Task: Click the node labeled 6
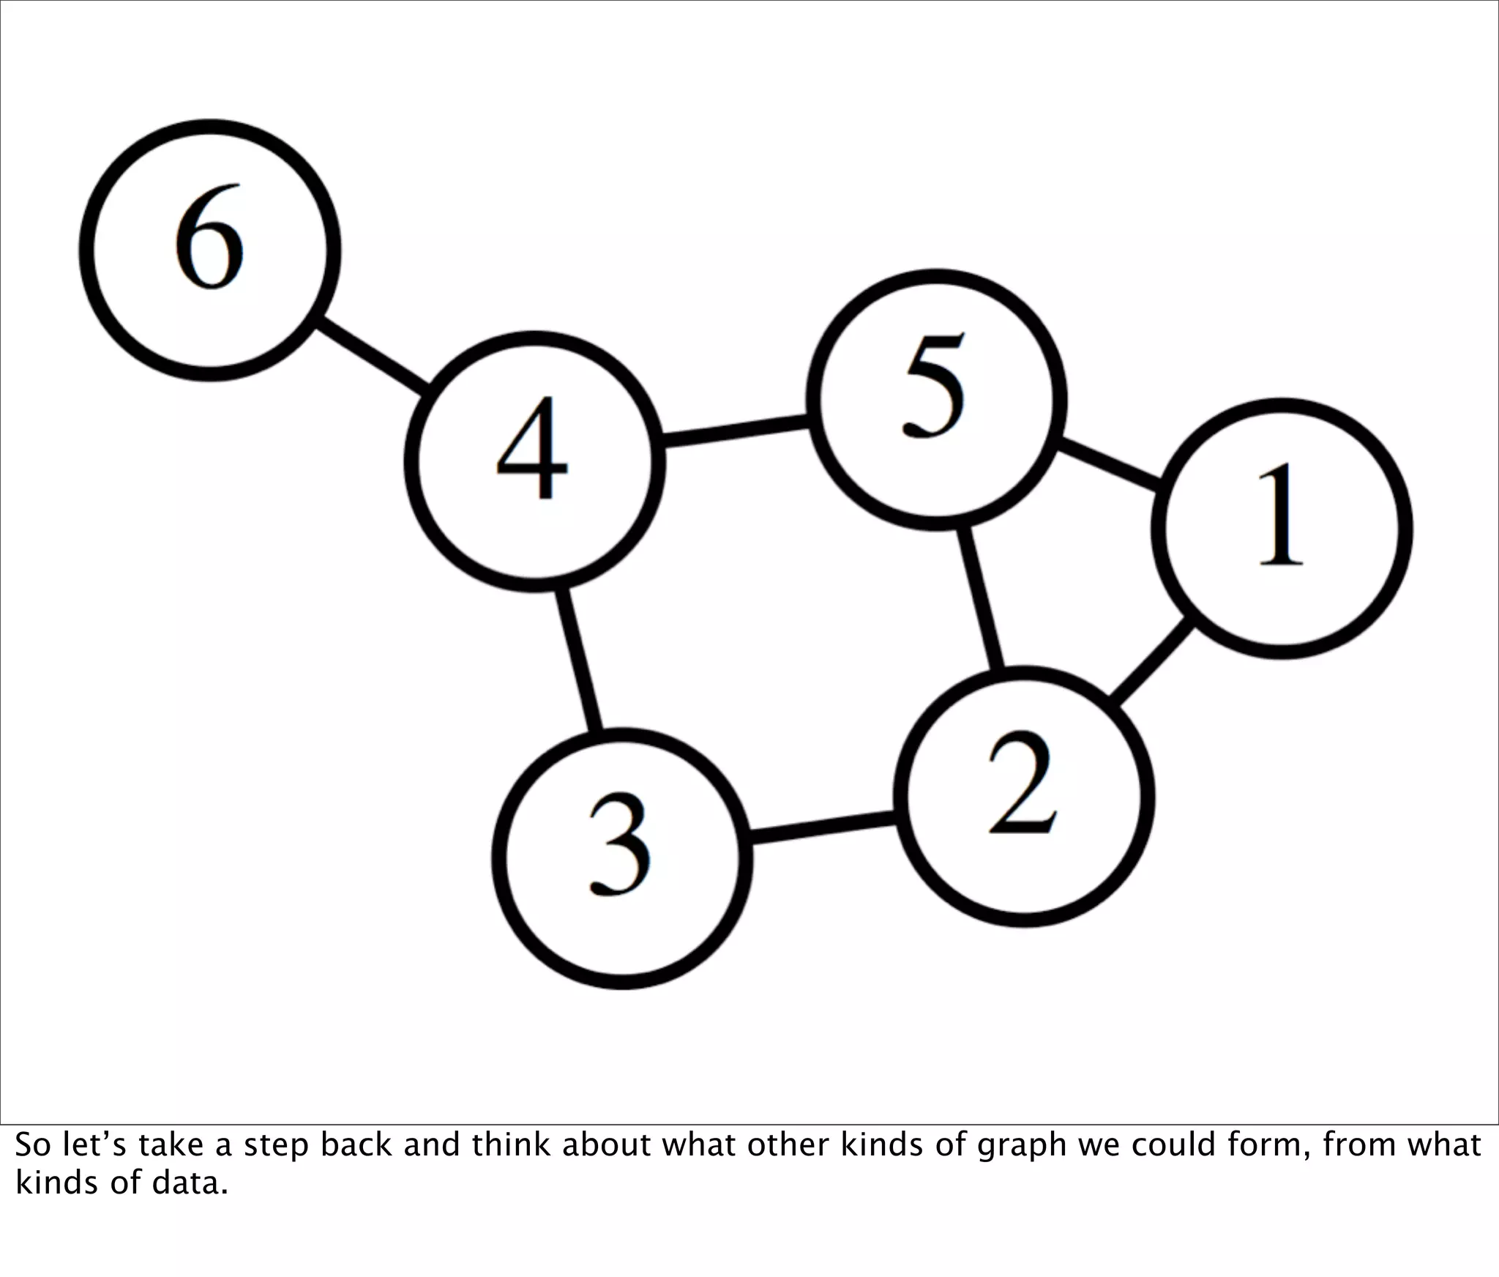(x=209, y=250)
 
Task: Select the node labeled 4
(x=535, y=461)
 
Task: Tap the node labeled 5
(x=937, y=400)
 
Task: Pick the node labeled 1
(x=1282, y=529)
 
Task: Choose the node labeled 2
(x=1024, y=797)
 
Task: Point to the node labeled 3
(x=622, y=859)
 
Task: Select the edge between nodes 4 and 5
(x=735, y=431)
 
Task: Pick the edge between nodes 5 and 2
(x=982, y=598)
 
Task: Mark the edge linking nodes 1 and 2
(x=1152, y=663)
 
